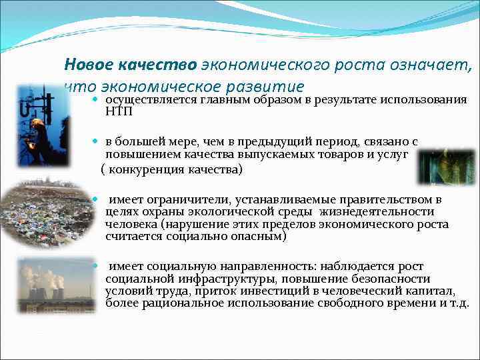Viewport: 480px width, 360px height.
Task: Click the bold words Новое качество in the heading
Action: pyautogui.click(x=130, y=65)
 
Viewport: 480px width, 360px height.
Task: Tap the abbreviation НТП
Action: pyautogui.click(x=119, y=111)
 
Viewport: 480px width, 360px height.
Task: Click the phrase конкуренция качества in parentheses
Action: pyautogui.click(x=174, y=169)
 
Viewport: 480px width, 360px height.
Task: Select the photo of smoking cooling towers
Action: pyautogui.click(x=47, y=285)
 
